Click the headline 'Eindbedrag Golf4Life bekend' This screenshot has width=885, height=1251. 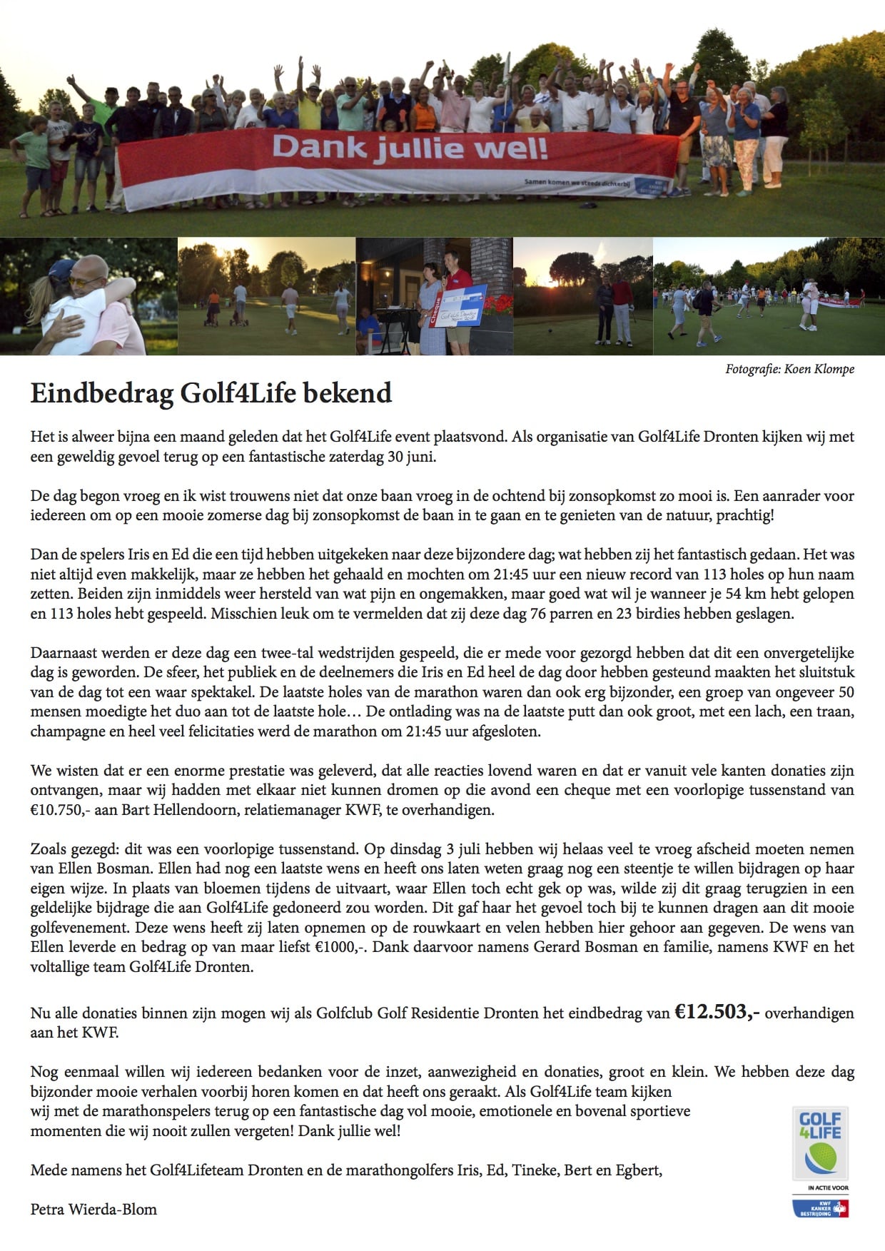(x=211, y=393)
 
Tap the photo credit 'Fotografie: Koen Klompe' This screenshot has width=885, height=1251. (x=789, y=369)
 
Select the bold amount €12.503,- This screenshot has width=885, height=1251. (x=717, y=1012)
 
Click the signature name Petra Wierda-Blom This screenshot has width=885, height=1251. (x=93, y=1209)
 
